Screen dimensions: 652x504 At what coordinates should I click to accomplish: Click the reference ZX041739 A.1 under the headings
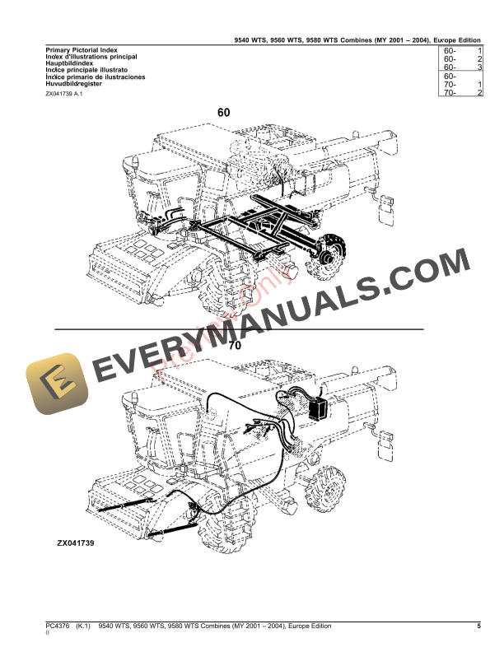click(63, 95)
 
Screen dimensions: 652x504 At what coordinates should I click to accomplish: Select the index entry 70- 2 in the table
click(462, 94)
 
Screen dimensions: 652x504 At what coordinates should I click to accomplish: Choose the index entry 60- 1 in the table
click(462, 51)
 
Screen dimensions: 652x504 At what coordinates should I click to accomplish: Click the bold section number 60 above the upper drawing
click(224, 112)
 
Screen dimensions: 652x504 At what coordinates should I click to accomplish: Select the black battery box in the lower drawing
click(318, 407)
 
